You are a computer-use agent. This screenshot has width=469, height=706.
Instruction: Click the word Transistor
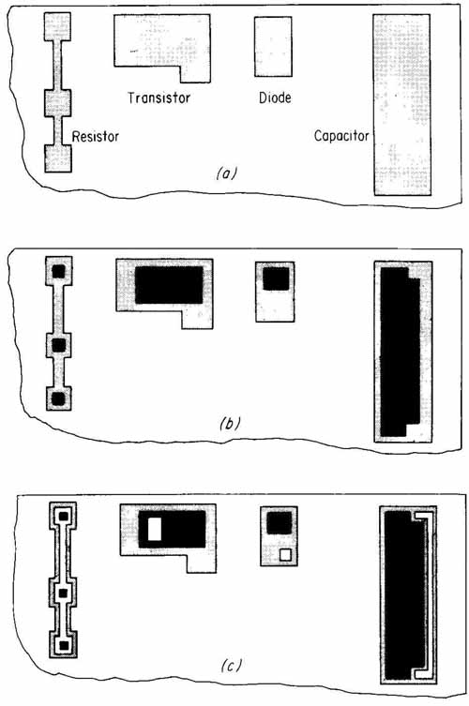[x=159, y=98]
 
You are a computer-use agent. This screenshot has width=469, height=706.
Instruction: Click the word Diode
[x=275, y=98]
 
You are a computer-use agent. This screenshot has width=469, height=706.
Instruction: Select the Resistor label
[x=96, y=136]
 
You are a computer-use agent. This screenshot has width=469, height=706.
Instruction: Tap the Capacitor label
[x=341, y=136]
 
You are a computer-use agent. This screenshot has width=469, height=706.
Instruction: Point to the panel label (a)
[x=226, y=173]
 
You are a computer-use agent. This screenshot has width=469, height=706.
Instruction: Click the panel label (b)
[x=230, y=423]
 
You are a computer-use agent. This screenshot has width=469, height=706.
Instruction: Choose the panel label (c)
[x=231, y=666]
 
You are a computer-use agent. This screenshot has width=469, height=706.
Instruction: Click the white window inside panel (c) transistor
[x=155, y=529]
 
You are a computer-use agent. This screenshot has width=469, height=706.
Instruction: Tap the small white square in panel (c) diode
[x=285, y=555]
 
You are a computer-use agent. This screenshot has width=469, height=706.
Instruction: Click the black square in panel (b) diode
[x=276, y=278]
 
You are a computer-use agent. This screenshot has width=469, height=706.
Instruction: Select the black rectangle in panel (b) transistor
[x=170, y=285]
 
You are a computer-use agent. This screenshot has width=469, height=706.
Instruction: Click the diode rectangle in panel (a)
[x=273, y=47]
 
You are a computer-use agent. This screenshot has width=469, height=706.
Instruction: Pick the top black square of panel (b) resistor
[x=59, y=272]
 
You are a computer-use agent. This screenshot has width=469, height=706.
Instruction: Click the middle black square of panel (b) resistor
[x=59, y=345]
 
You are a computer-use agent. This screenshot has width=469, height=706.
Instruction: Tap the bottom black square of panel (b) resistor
[x=59, y=398]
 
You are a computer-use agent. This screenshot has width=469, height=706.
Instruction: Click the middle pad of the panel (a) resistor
[x=57, y=102]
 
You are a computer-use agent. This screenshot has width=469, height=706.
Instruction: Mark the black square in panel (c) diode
[x=280, y=523]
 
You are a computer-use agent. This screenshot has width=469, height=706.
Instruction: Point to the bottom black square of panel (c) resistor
[x=64, y=646]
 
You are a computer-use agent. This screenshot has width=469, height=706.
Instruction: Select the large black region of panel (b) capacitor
[x=399, y=352]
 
